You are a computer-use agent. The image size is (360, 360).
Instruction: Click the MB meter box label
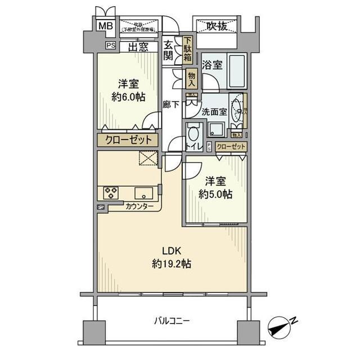(105, 25)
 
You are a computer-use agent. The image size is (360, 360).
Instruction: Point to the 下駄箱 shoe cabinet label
(187, 50)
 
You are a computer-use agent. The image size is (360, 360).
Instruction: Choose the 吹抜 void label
(216, 25)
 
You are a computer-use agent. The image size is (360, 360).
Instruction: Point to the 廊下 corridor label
(170, 104)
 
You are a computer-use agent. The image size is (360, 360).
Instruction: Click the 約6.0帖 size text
(128, 96)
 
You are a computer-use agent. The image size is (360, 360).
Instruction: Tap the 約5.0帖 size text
(215, 195)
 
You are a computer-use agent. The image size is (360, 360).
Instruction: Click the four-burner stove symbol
(111, 192)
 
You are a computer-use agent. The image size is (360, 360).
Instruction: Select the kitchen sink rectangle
(145, 192)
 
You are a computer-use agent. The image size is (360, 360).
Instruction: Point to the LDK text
(172, 251)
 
